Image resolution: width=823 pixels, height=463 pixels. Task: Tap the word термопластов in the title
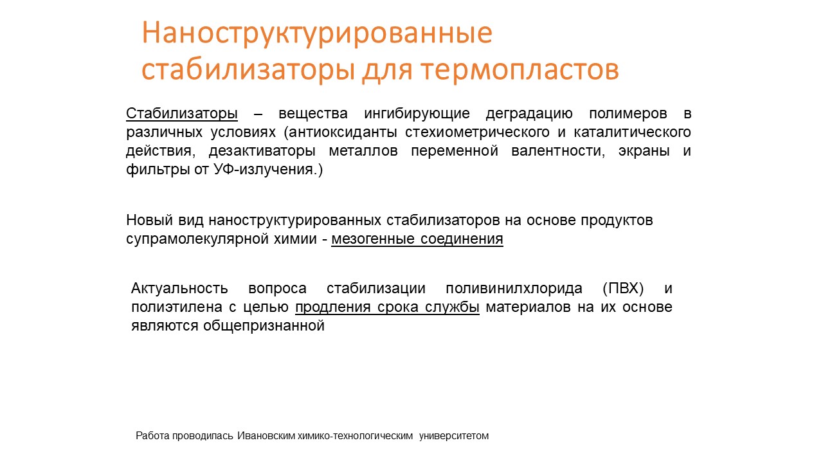pyautogui.click(x=520, y=70)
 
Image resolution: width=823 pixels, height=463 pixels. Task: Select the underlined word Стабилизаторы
pyautogui.click(x=182, y=114)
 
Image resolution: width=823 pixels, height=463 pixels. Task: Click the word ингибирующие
pyautogui.click(x=417, y=114)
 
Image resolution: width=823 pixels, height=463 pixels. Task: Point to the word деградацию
pyautogui.click(x=529, y=114)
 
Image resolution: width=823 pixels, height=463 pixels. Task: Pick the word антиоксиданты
pyautogui.click(x=343, y=132)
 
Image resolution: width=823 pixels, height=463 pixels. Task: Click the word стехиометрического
pyautogui.click(x=477, y=132)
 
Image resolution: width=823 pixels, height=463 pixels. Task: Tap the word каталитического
pyautogui.click(x=632, y=132)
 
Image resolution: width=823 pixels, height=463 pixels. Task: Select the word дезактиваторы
pyautogui.click(x=262, y=151)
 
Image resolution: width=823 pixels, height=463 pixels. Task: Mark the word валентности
pyautogui.click(x=557, y=151)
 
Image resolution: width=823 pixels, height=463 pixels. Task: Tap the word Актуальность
pyautogui.click(x=179, y=289)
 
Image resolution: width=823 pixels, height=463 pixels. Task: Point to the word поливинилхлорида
pyautogui.click(x=514, y=289)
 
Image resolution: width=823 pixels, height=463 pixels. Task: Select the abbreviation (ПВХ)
pyautogui.click(x=623, y=289)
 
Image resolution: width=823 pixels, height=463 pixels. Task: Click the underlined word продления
pyautogui.click(x=333, y=307)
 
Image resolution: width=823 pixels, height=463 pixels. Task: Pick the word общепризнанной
pyautogui.click(x=264, y=326)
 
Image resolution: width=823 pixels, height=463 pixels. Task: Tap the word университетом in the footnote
pyautogui.click(x=454, y=436)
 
